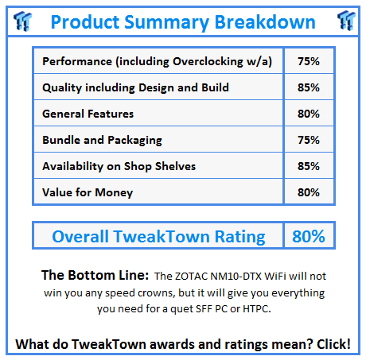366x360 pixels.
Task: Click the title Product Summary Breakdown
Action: coord(182,21)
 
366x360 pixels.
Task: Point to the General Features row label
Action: coord(88,114)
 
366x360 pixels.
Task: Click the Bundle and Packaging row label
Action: coord(102,140)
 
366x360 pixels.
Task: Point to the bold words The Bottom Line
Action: coord(94,275)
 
